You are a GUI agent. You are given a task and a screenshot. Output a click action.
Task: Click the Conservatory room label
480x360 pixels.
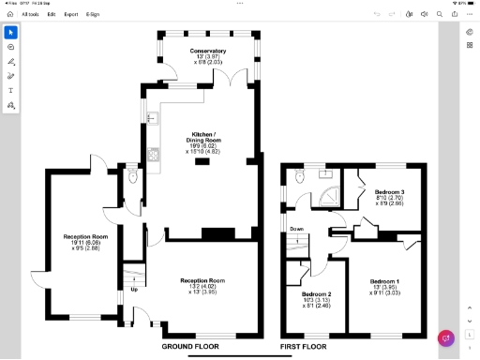[x=207, y=50]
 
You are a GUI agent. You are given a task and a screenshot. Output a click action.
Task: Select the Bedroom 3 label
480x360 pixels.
[x=390, y=192]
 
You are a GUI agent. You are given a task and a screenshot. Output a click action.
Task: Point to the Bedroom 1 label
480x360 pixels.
[x=384, y=281]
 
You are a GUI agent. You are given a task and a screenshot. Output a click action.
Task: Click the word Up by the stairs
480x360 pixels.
[x=134, y=289]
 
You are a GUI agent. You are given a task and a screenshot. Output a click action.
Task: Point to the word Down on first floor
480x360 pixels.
[x=296, y=229]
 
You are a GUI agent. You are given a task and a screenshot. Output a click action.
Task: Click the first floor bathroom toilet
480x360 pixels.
[x=299, y=176]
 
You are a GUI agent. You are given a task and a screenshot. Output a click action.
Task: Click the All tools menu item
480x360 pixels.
[x=31, y=15]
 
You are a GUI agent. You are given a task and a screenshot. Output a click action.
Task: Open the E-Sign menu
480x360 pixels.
[x=92, y=15]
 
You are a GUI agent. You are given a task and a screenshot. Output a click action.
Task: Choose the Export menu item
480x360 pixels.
[x=71, y=15]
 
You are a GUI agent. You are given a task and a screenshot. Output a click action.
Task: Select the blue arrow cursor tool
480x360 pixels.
[x=11, y=31]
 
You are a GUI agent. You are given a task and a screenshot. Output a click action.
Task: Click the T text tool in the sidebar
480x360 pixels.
[x=11, y=91]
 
